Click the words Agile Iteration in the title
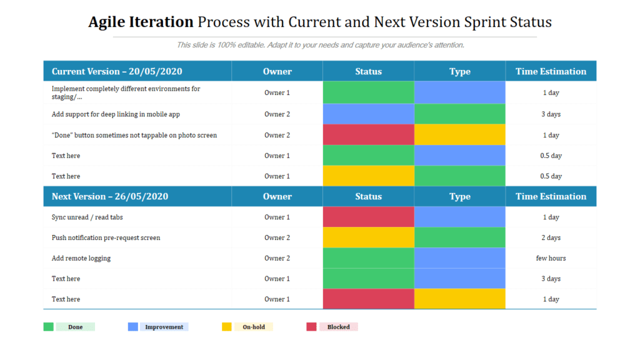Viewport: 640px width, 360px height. [x=141, y=22]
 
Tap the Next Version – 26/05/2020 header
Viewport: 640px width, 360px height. [x=110, y=196]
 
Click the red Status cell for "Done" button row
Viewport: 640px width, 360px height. [x=368, y=135]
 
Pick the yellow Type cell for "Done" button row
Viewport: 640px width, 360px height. [x=459, y=135]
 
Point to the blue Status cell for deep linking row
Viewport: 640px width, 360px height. [x=368, y=114]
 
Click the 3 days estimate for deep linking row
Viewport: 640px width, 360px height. [x=551, y=114]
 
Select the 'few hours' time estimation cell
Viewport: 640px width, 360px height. [x=551, y=258]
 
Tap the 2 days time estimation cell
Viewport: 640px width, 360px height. [x=551, y=237]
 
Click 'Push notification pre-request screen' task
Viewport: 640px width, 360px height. [x=106, y=237]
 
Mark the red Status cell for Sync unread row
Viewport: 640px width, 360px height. [x=368, y=217]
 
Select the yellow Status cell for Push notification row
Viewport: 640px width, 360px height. [x=368, y=237]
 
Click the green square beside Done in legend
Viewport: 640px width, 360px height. [x=48, y=327]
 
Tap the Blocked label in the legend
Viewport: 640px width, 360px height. [x=338, y=327]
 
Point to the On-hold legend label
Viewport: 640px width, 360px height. [x=253, y=327]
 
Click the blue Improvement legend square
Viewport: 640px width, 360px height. [x=132, y=327]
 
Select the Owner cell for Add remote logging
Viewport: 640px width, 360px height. [x=277, y=258]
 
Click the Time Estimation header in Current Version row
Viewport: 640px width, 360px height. [x=551, y=71]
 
